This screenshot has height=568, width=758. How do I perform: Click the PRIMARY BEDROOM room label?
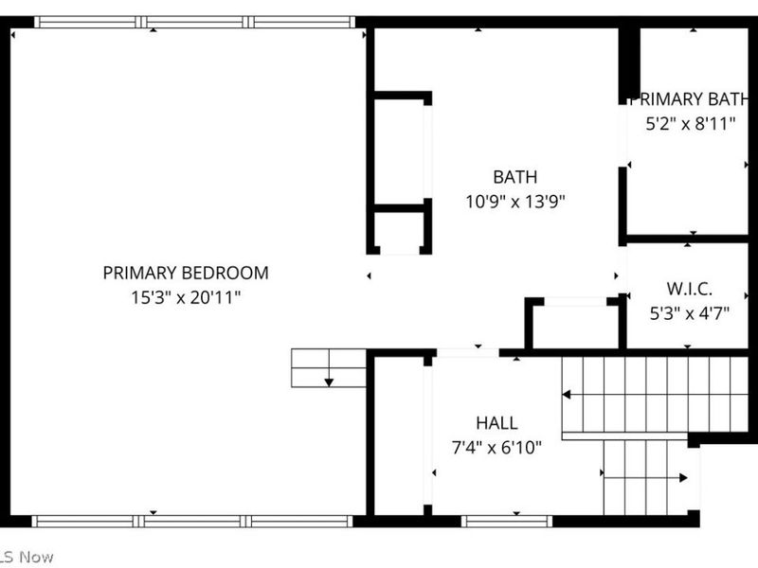point(186,273)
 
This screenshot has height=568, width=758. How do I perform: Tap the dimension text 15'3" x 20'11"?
point(186,297)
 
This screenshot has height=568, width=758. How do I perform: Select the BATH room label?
point(514,177)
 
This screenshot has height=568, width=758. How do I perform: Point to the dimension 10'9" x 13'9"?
point(514,201)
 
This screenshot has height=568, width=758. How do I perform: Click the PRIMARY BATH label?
point(690,99)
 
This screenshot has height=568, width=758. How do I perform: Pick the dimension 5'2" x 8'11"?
point(691,124)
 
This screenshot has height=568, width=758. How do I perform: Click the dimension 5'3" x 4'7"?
point(690,313)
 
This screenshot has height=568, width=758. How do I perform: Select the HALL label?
point(496,423)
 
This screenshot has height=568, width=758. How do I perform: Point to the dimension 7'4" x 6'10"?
point(496,447)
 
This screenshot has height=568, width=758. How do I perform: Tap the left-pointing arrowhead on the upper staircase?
point(566,395)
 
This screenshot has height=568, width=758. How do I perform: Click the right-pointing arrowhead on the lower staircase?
point(683,478)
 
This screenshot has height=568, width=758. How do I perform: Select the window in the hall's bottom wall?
point(507,522)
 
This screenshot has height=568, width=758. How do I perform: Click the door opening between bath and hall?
point(468,353)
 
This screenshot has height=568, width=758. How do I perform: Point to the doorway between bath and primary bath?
point(623,135)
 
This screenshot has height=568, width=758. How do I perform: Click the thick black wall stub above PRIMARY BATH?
point(629,65)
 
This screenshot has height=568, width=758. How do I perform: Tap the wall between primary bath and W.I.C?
point(687,240)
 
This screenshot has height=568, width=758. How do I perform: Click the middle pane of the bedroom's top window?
point(194,22)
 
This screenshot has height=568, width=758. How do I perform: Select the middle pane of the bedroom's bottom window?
point(192,522)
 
